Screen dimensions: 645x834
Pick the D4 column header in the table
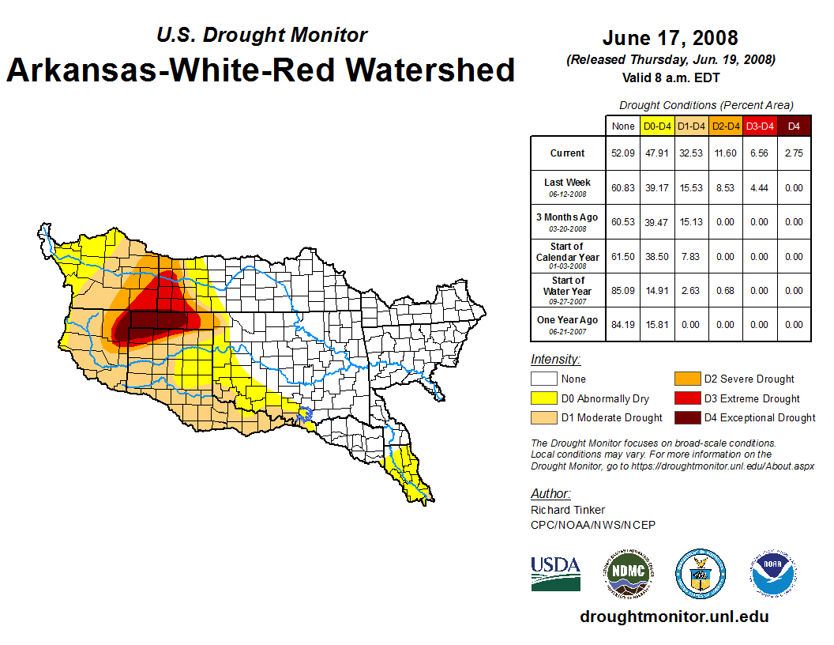(x=794, y=126)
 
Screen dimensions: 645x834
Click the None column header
(x=623, y=126)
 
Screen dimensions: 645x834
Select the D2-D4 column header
(x=726, y=126)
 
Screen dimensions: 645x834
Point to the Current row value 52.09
(x=623, y=153)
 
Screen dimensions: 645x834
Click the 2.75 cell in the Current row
(x=794, y=153)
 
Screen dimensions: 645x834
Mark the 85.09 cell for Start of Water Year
(x=623, y=290)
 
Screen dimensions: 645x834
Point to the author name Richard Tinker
(x=568, y=510)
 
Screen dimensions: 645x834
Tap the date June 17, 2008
(x=670, y=38)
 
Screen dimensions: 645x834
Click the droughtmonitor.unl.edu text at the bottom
(x=674, y=617)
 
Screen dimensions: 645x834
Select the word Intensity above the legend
(x=555, y=360)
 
